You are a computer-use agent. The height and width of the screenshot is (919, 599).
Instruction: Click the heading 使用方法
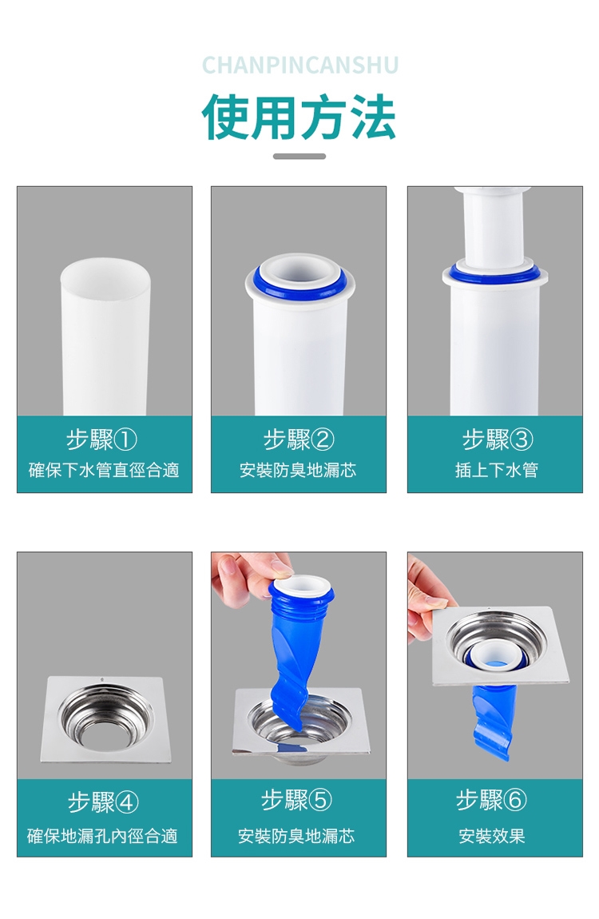point(299,117)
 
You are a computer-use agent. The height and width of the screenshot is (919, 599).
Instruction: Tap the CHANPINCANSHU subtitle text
point(299,66)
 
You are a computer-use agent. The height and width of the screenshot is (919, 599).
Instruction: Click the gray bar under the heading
point(299,157)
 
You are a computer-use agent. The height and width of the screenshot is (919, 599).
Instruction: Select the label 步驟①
point(102,440)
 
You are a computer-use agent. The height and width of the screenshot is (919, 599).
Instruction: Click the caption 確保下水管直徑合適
point(104,470)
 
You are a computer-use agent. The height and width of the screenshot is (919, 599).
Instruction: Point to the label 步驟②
point(299,440)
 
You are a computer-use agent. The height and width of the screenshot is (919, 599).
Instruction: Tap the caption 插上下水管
point(496,470)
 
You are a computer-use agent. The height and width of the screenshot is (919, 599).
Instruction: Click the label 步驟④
point(103,802)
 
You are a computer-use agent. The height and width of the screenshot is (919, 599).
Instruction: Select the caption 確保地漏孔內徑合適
point(103,836)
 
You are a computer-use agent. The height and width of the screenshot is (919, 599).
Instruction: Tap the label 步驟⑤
point(296,800)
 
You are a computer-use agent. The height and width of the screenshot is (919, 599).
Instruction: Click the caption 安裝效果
point(491,836)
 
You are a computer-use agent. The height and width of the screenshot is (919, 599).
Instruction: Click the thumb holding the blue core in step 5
point(279,568)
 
